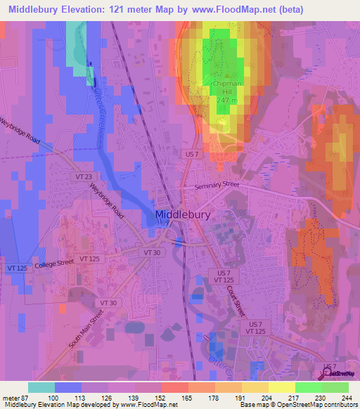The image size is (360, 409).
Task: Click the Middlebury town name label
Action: pyautogui.click(x=184, y=216)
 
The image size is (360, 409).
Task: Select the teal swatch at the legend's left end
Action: pyautogui.click(x=41, y=387)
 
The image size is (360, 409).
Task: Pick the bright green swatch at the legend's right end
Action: pyautogui.click(x=335, y=387)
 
